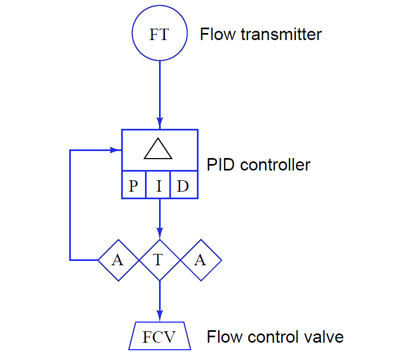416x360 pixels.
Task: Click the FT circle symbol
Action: (x=160, y=35)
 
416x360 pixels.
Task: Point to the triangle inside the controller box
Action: (x=158, y=149)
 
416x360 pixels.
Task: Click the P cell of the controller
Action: (x=133, y=186)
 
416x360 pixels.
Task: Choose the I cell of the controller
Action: (x=159, y=186)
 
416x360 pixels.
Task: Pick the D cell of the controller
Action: (x=183, y=186)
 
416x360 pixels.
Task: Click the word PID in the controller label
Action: (x=222, y=164)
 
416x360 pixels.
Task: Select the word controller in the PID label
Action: (x=275, y=164)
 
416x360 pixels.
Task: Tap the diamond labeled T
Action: (x=159, y=260)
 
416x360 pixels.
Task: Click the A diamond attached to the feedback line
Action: (x=118, y=260)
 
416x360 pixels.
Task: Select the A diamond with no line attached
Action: (x=200, y=260)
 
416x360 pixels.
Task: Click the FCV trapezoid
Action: (x=159, y=337)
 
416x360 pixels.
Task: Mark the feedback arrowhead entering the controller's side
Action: (x=116, y=149)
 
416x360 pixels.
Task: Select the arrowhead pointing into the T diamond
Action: (x=159, y=235)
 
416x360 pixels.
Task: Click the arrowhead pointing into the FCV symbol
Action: (x=159, y=317)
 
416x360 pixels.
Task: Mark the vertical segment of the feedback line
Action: (x=70, y=206)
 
